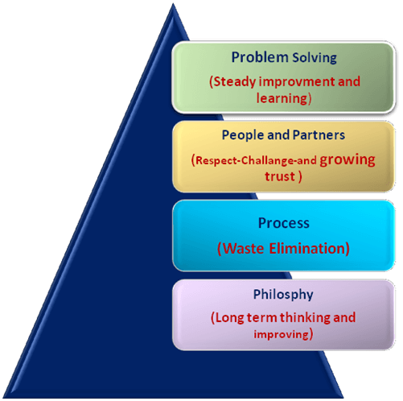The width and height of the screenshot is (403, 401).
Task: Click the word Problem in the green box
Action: (260, 57)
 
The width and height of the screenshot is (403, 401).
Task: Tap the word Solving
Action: (315, 58)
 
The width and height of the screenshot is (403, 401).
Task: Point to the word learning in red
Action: (282, 98)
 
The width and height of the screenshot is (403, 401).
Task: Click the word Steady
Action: (235, 81)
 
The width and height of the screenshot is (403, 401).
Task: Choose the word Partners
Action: (319, 134)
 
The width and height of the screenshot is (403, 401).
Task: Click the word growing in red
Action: (347, 160)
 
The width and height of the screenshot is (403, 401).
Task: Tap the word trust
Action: (280, 176)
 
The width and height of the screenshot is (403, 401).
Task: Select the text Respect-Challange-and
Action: (257, 160)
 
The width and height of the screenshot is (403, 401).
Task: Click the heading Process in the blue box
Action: (284, 223)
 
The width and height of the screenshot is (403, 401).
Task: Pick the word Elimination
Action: (306, 248)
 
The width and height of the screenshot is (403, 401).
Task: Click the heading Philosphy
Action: (283, 295)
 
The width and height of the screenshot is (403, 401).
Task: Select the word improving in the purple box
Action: (282, 335)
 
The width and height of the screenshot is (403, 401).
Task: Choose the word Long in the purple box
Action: (230, 318)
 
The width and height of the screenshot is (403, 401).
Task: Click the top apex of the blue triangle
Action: (173, 3)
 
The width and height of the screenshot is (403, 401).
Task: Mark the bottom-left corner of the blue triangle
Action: (3, 398)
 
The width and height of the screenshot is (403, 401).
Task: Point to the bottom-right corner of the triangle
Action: (344, 398)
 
